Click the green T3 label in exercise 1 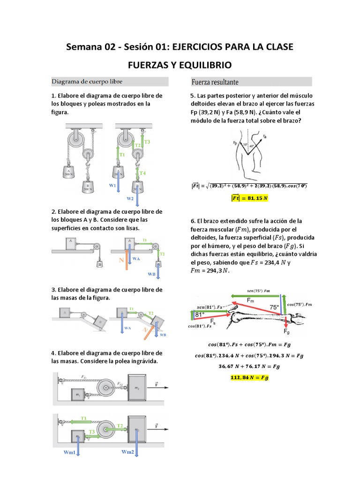point(147,142)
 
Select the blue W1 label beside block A point(112,186)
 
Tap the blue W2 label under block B point(130,198)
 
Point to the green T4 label point(142,173)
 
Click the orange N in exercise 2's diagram point(121,259)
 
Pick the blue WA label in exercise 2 point(136,259)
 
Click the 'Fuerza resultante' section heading point(215,81)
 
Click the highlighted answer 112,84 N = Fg point(249,378)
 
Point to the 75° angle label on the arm point(274,307)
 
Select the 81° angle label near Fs point(200,315)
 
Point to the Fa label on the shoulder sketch point(265,136)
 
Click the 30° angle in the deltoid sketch point(245,145)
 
